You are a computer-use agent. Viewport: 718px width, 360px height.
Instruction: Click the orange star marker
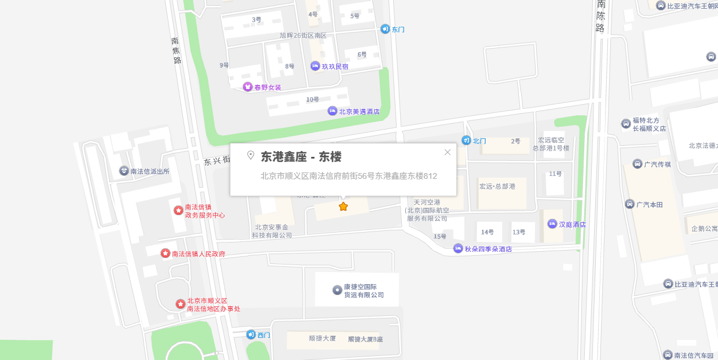(x=343, y=207)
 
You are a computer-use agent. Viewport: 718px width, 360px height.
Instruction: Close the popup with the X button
(x=447, y=152)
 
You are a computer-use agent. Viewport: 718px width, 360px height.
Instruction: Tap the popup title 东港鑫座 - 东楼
(x=301, y=157)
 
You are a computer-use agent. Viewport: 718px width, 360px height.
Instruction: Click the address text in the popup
(x=349, y=176)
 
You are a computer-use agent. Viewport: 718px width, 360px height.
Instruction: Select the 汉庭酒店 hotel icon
(x=552, y=224)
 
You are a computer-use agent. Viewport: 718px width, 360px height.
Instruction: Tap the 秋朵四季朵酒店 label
(x=488, y=249)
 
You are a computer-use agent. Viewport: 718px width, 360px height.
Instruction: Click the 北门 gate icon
(x=466, y=140)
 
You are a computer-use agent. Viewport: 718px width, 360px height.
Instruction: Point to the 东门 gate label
(x=398, y=30)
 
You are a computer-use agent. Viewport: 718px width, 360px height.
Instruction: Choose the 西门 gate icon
(x=251, y=335)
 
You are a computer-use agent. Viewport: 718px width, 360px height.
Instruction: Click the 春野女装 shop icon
(x=248, y=87)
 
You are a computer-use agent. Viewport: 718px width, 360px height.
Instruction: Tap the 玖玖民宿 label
(x=335, y=67)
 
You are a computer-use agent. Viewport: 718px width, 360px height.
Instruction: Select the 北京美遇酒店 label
(x=359, y=112)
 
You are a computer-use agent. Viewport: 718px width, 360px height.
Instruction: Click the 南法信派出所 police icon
(x=124, y=171)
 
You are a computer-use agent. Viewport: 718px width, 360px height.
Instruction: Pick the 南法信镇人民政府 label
(x=199, y=254)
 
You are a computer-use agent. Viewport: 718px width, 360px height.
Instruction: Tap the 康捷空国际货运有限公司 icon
(x=338, y=290)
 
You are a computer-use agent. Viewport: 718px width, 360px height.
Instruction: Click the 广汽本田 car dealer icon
(x=630, y=204)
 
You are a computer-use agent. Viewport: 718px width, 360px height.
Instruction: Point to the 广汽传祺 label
(x=657, y=164)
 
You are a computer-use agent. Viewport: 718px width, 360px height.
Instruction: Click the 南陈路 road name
(x=600, y=16)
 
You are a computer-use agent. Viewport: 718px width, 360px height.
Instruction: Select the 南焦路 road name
(x=177, y=50)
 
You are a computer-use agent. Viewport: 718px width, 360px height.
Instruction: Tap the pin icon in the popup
(x=251, y=155)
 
